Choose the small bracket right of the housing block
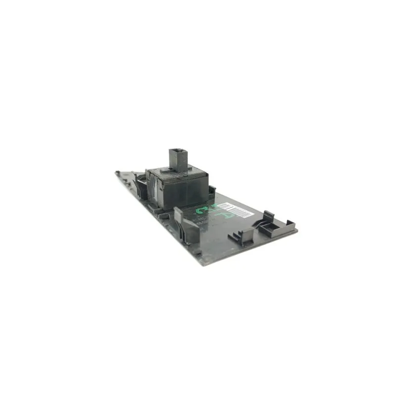click(x=212, y=190)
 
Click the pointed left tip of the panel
click(x=117, y=173)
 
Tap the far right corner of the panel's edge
click(x=296, y=230)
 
